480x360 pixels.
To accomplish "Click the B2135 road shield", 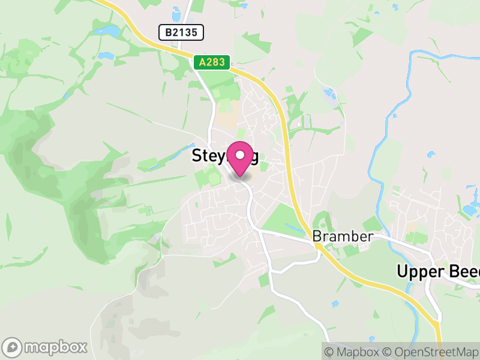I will click(181, 32).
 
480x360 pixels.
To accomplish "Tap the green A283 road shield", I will click(212, 62).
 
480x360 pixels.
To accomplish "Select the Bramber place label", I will click(343, 236).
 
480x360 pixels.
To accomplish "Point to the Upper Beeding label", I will click(438, 271).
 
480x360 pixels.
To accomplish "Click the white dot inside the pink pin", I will click(240, 155).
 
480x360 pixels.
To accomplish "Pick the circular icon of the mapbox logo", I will click(13, 347).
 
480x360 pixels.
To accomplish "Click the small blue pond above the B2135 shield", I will click(176, 13).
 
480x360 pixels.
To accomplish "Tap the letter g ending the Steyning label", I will click(254, 157).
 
